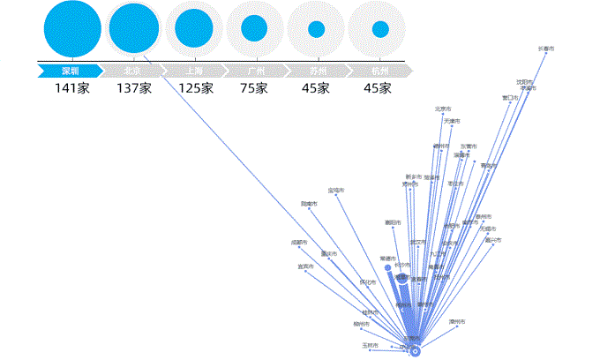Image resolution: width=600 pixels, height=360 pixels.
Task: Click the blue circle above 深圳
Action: pos(73,28)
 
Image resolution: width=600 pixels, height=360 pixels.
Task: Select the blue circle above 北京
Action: pos(134,28)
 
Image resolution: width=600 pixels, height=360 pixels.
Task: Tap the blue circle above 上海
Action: pos(193,28)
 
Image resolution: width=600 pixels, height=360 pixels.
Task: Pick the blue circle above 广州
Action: pos(254,28)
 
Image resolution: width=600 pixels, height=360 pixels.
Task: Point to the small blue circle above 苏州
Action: pos(316,29)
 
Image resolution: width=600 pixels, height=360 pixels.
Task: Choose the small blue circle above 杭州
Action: pos(380,29)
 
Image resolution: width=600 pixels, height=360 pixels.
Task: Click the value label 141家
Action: pos(72,88)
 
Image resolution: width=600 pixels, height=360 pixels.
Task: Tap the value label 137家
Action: pos(134,88)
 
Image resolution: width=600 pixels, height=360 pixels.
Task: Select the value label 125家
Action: pos(195,88)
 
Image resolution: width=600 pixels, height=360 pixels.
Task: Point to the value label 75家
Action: pos(254,88)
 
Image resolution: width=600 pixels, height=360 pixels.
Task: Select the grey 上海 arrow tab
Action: pos(195,70)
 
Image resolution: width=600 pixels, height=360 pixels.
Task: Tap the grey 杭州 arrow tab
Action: pos(382,70)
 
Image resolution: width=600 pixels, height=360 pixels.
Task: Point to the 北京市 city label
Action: pos(443,109)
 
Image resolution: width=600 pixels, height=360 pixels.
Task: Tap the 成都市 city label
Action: pos(299,242)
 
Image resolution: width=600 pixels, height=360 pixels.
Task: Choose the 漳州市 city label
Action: pos(457,321)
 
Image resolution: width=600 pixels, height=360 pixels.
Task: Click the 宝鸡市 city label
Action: pos(336,190)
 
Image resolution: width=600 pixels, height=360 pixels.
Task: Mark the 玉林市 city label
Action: pos(371,345)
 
